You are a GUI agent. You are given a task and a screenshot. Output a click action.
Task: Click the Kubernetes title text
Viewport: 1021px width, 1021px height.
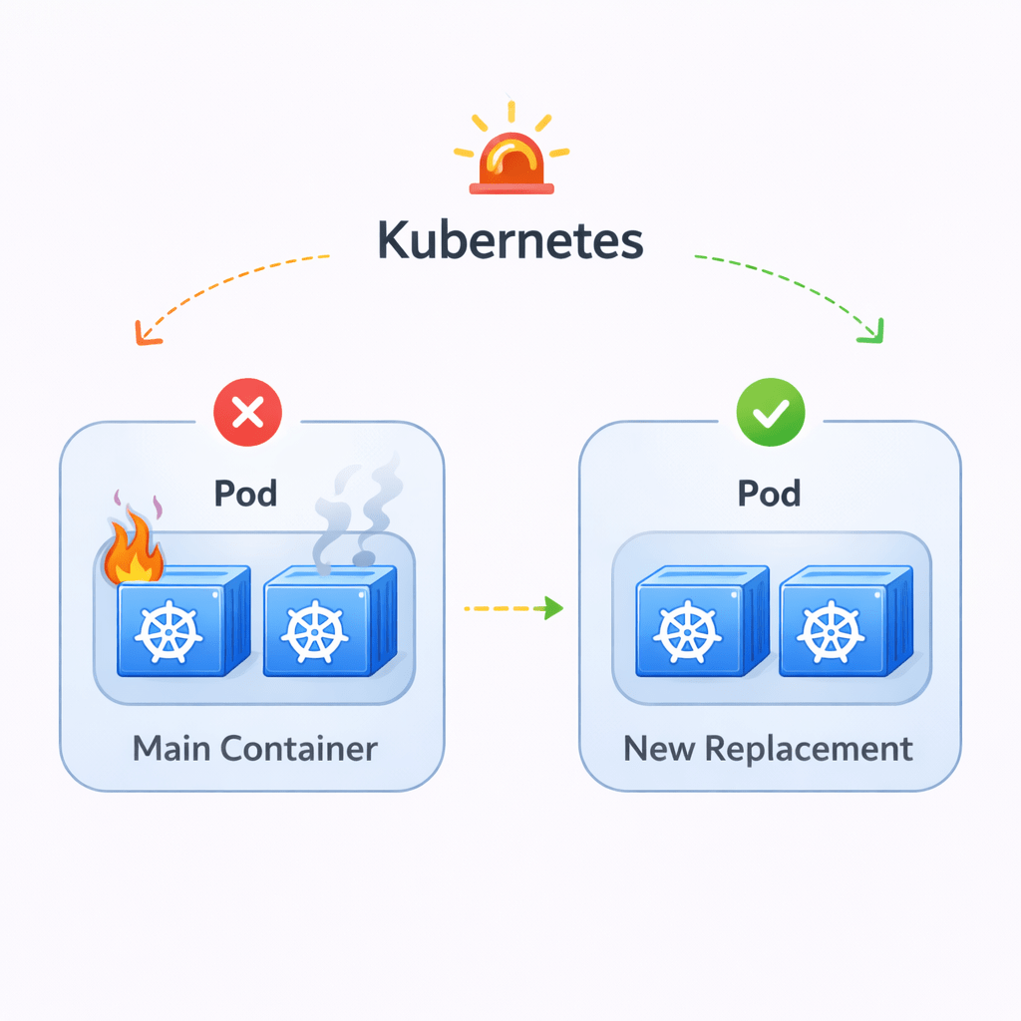[x=510, y=241]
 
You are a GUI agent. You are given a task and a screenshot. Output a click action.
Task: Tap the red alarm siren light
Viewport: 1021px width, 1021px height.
[x=510, y=164]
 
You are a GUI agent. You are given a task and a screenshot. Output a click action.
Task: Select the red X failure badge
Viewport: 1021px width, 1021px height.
[x=248, y=411]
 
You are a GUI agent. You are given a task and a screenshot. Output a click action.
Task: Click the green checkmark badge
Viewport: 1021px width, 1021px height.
[x=769, y=412]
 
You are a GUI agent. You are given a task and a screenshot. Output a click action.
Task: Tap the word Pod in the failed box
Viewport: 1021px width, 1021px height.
[x=246, y=493]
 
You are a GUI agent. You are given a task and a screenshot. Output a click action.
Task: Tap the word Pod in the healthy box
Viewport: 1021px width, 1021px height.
[x=769, y=493]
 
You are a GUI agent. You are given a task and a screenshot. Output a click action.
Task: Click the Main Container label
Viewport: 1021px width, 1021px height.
[x=254, y=748]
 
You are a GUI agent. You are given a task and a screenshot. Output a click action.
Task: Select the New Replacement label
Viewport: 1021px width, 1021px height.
[x=768, y=748]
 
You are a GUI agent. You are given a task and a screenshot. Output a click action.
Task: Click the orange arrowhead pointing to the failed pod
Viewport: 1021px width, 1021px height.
[x=146, y=335]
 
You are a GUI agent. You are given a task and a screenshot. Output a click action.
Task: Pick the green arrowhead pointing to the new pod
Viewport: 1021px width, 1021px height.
[x=871, y=333]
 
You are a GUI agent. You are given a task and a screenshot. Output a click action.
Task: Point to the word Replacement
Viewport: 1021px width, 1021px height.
[x=810, y=749]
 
